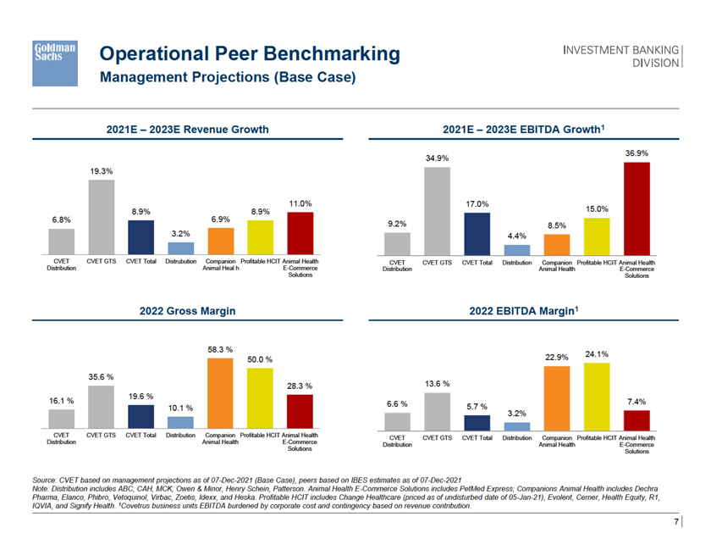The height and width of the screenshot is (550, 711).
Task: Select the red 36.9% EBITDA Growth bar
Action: click(x=637, y=208)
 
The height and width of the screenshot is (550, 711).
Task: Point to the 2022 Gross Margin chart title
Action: click(x=187, y=312)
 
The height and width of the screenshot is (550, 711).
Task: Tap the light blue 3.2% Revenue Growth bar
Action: click(x=181, y=247)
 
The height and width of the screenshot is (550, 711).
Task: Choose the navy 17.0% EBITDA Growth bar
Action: click(x=477, y=233)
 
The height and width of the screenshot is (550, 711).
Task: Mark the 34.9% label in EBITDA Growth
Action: click(x=437, y=158)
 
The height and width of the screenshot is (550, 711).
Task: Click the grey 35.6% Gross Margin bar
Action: click(x=102, y=408)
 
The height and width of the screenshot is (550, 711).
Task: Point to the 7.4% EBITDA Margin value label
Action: click(x=637, y=400)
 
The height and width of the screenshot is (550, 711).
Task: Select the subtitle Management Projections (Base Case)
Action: click(x=228, y=78)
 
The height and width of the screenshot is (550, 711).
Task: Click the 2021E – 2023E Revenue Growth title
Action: click(x=187, y=130)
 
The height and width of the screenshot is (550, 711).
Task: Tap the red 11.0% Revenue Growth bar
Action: click(x=300, y=233)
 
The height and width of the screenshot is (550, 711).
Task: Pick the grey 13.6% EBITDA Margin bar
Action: click(x=437, y=411)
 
